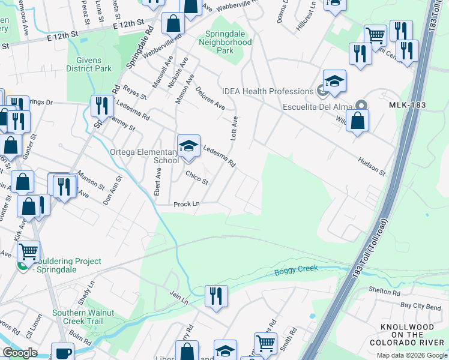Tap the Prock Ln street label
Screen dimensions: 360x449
click(186, 204)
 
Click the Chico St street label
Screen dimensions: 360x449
click(197, 178)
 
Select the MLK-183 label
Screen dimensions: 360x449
click(407, 105)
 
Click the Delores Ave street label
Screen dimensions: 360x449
click(210, 98)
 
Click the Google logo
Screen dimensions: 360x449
click(20, 353)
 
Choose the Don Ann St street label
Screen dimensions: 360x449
click(112, 191)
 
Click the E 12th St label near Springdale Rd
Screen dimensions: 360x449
click(127, 24)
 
